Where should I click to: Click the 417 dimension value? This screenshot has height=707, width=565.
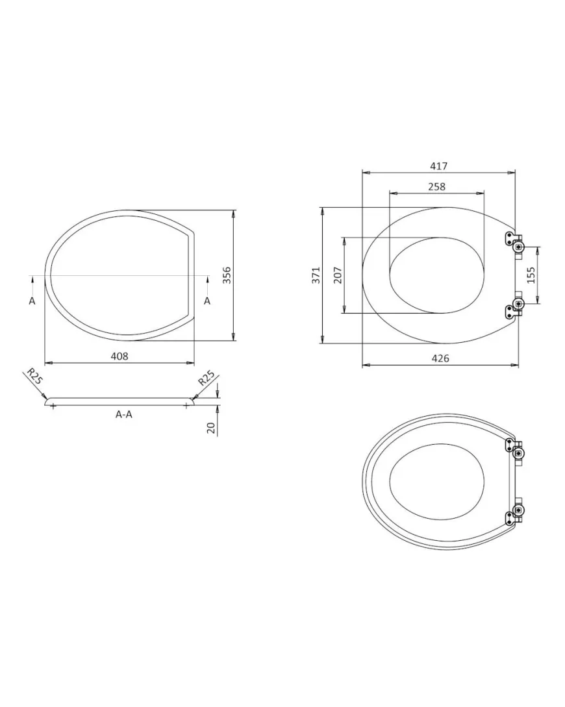click(x=438, y=166)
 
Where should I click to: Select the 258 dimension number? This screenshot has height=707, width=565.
click(x=436, y=186)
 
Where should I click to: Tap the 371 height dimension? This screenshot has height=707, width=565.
click(x=316, y=275)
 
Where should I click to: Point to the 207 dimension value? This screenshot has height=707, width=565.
click(x=338, y=275)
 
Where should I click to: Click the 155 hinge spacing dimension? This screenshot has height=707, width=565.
click(x=531, y=275)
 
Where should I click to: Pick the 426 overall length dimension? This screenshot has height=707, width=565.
click(x=440, y=358)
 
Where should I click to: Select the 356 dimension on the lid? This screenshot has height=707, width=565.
click(x=227, y=275)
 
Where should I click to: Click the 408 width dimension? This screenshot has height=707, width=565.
click(x=119, y=356)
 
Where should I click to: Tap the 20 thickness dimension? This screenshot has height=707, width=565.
click(x=210, y=428)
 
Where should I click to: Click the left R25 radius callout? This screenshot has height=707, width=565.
click(x=34, y=376)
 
